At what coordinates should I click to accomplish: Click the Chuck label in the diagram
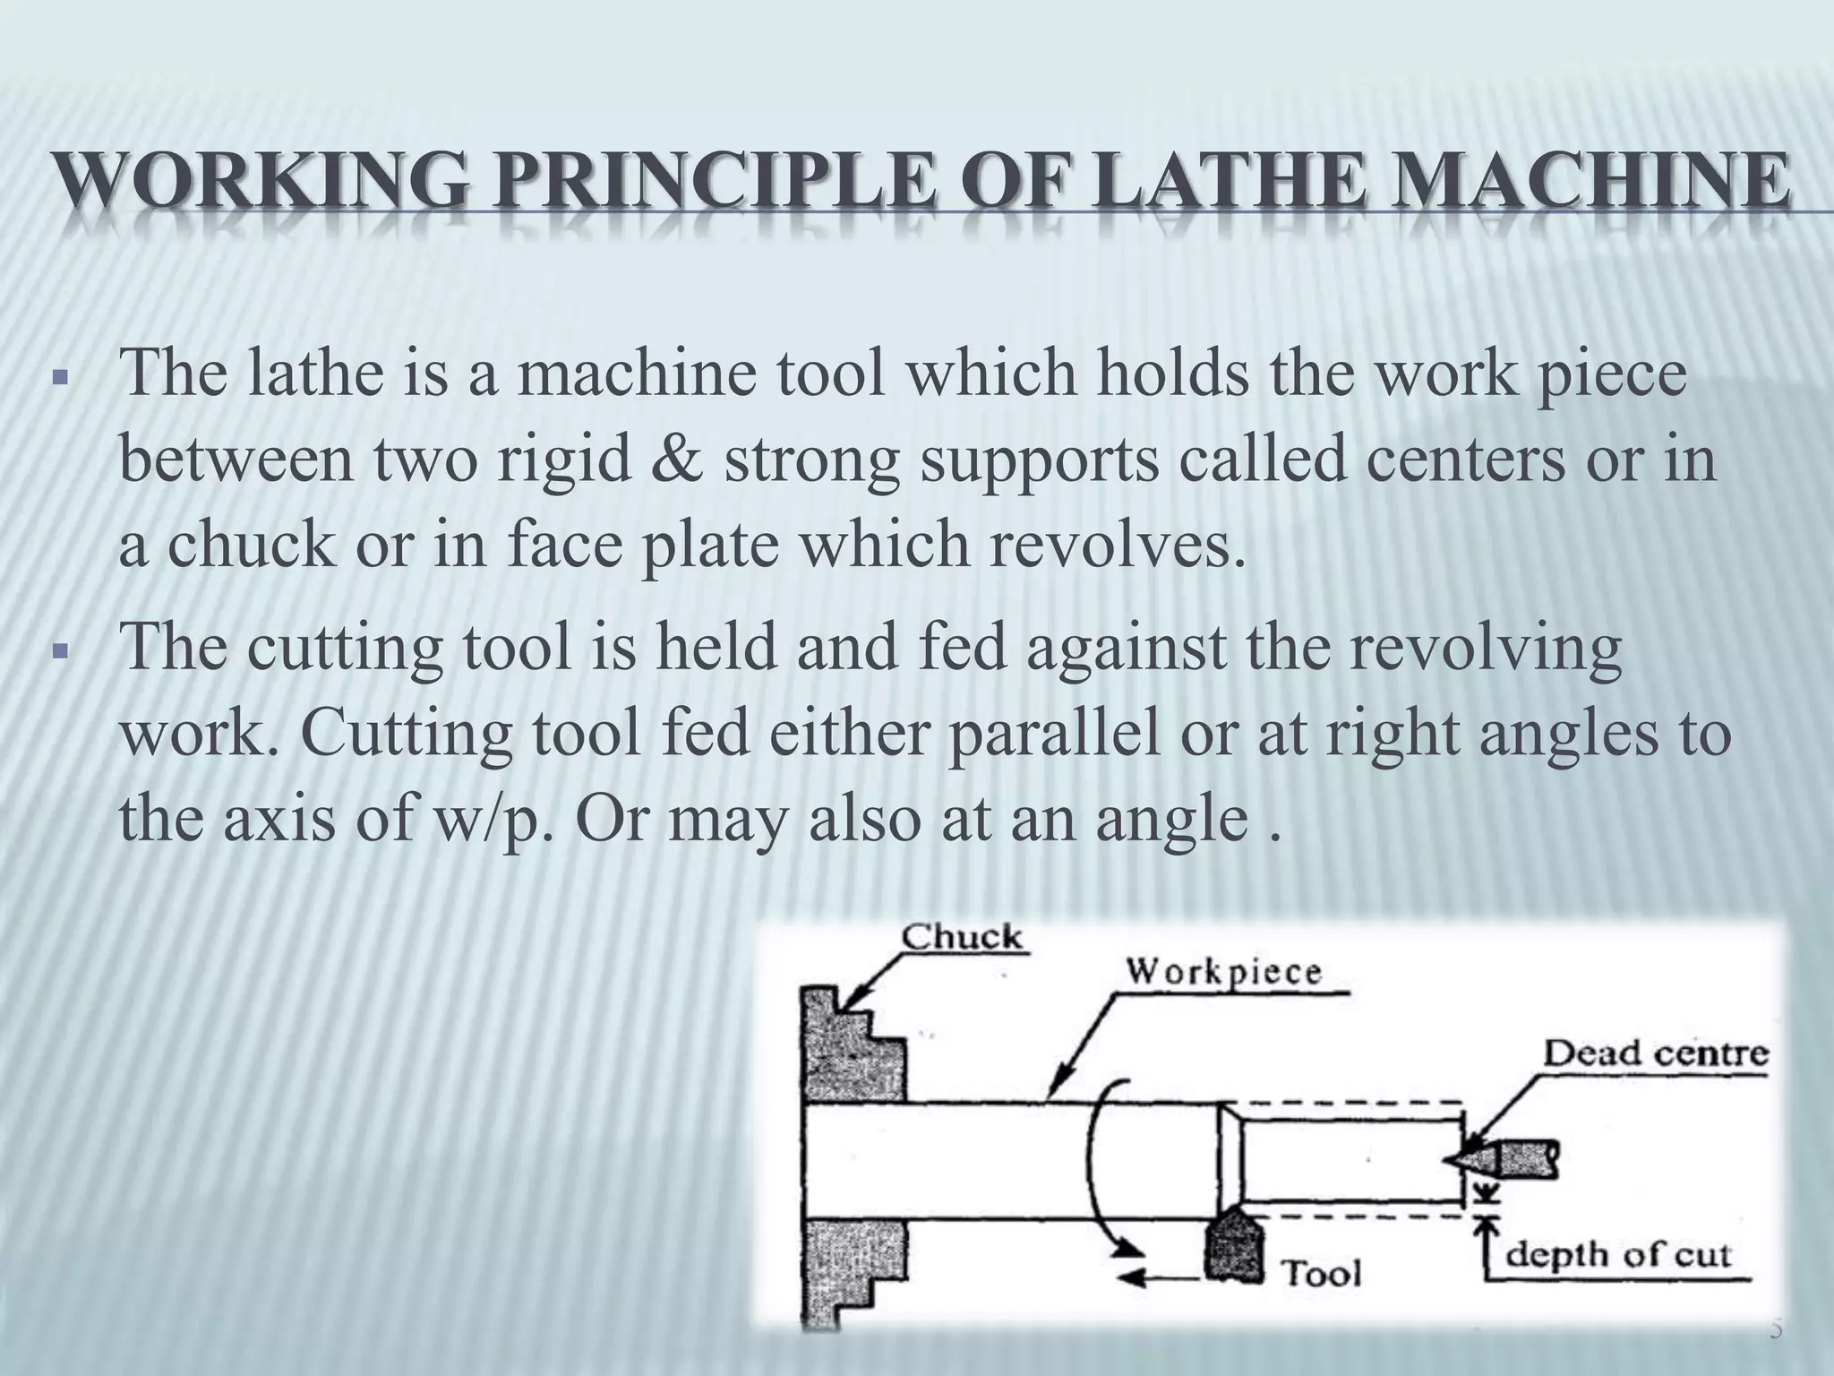click(960, 939)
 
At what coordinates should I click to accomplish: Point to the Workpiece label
click(1222, 972)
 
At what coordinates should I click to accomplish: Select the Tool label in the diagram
click(1322, 1272)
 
